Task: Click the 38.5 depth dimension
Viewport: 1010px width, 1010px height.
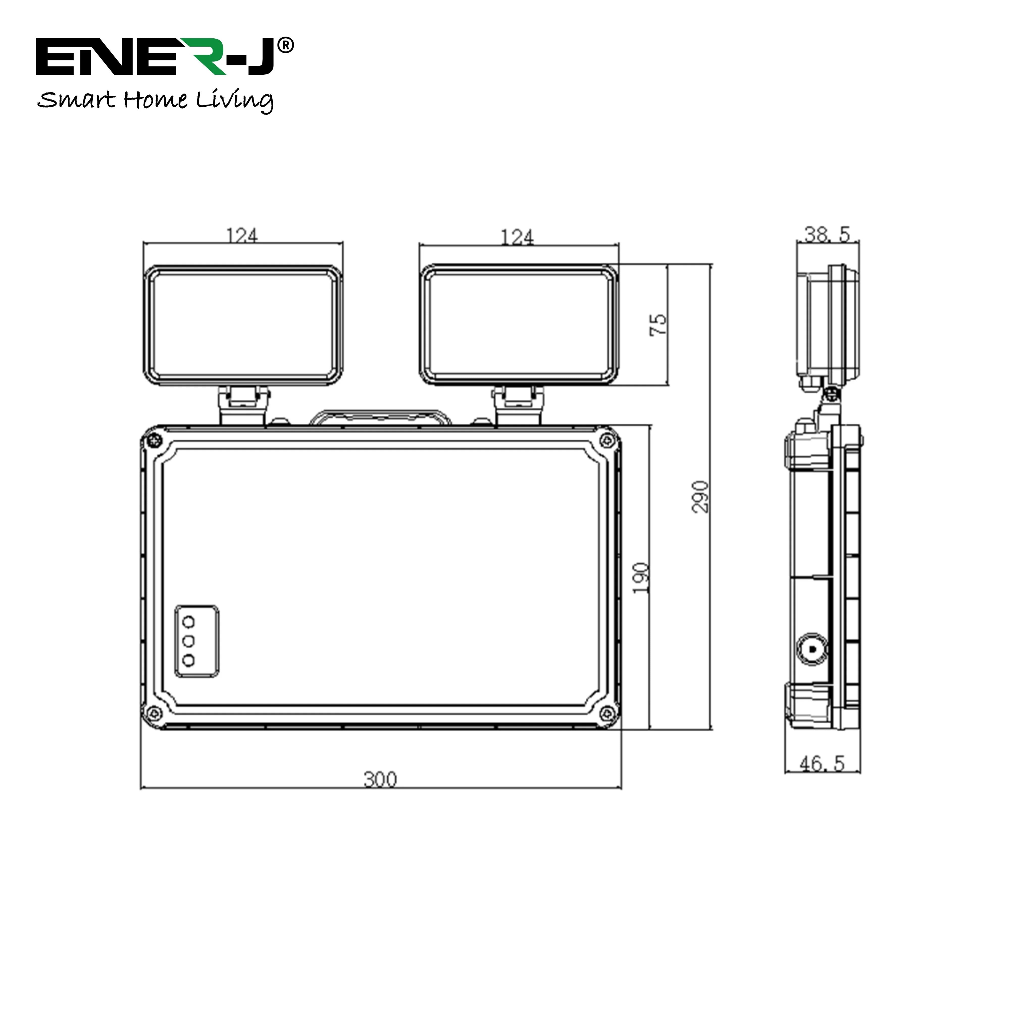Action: tap(827, 235)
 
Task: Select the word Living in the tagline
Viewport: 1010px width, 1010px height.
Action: tap(235, 100)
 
